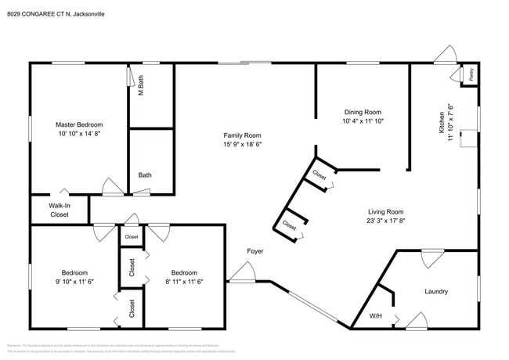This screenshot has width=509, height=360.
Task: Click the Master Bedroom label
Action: click(78, 124)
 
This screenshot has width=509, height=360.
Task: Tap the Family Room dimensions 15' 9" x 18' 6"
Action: click(242, 145)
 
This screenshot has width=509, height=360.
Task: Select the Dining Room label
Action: click(363, 111)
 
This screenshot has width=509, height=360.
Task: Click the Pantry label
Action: click(471, 76)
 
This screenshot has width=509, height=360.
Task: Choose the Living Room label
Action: click(386, 211)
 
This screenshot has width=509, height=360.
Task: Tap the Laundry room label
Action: click(436, 292)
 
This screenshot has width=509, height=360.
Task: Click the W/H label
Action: click(375, 317)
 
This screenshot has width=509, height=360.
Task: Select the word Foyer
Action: click(255, 251)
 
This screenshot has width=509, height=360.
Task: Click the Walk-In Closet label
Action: click(60, 210)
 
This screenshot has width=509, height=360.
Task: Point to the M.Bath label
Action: click(141, 85)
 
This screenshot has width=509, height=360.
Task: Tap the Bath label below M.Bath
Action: click(145, 175)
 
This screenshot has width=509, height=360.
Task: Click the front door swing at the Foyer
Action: click(243, 273)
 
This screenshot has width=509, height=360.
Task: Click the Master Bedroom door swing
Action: click(112, 187)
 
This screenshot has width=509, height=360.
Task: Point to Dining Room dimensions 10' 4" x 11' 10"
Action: click(363, 121)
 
